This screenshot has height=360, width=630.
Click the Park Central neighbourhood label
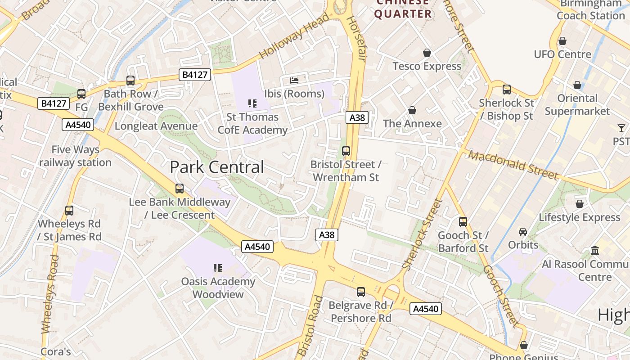(x=216, y=167)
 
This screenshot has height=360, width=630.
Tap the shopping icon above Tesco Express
(x=427, y=53)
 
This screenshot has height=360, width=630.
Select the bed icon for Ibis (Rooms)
(x=294, y=81)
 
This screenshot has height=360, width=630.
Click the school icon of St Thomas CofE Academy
(x=252, y=103)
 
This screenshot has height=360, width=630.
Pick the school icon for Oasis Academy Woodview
(x=218, y=268)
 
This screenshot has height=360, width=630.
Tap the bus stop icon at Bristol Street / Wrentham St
(x=346, y=151)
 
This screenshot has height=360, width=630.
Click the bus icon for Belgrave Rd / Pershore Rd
(x=360, y=292)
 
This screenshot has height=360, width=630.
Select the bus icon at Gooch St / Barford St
(x=463, y=222)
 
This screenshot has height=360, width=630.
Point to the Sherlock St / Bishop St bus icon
(x=506, y=90)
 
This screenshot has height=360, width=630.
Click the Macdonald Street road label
(x=513, y=165)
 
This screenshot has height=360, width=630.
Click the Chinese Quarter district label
(x=403, y=9)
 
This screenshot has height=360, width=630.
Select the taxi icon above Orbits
(x=522, y=232)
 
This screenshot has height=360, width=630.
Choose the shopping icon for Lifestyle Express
(x=579, y=204)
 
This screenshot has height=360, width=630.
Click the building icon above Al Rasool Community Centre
(x=595, y=250)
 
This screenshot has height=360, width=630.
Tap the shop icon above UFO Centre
(x=562, y=41)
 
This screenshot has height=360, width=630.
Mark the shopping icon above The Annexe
(x=412, y=110)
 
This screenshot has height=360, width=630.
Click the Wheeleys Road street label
(x=49, y=294)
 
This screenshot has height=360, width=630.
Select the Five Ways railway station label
(x=75, y=156)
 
